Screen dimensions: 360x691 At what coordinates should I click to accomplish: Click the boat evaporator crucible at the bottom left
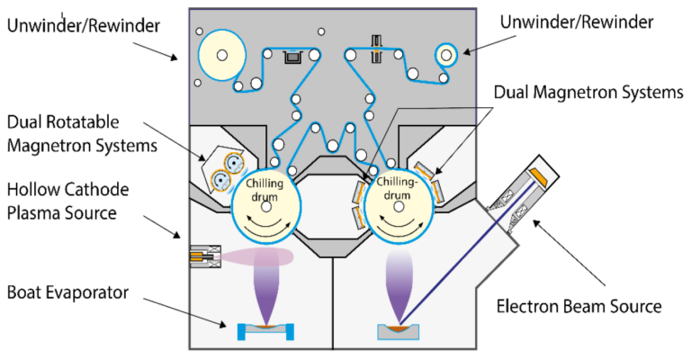click(267, 331)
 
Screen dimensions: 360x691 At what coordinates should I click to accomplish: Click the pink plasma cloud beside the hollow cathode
click(261, 256)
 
